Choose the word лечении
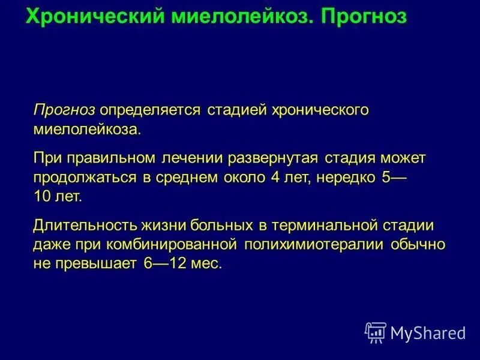pos(193,158)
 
